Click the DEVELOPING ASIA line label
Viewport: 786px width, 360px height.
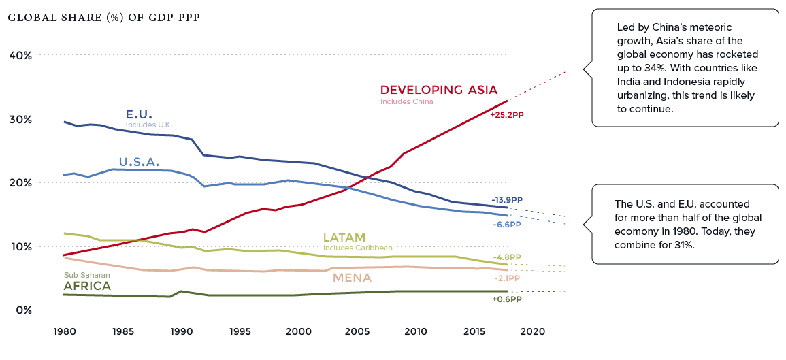tap(439, 90)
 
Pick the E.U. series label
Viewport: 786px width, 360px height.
tap(139, 114)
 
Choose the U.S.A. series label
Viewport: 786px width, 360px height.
tap(139, 162)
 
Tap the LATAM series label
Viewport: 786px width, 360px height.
tap(344, 238)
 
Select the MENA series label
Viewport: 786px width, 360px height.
tap(352, 278)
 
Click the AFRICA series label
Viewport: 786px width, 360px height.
tap(86, 286)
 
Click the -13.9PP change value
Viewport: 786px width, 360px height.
tap(506, 200)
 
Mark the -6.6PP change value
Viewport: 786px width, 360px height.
tap(506, 224)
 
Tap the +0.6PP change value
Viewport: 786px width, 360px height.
tap(506, 298)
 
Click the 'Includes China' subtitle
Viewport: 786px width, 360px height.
tap(406, 102)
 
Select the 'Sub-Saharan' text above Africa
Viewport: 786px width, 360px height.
tap(86, 275)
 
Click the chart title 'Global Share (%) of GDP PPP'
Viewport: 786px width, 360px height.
tap(104, 17)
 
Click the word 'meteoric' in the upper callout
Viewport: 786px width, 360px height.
tap(711, 27)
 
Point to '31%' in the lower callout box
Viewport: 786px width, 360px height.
tap(684, 245)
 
